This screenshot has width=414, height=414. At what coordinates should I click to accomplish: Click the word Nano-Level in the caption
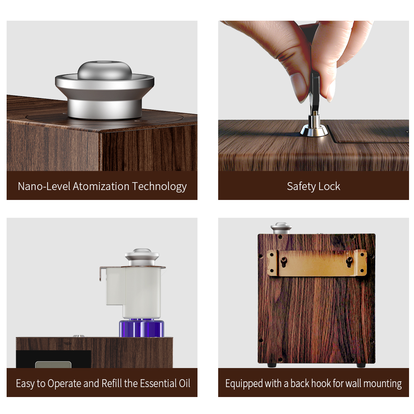pos(44,186)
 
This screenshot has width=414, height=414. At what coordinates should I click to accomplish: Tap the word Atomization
pos(101,186)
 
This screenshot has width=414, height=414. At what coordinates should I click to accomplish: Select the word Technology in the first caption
pos(159,187)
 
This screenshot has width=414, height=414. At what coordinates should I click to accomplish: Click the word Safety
pos(301,187)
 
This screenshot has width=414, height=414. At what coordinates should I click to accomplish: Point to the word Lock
pos(329,186)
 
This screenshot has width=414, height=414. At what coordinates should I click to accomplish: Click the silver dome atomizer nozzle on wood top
pos(105,90)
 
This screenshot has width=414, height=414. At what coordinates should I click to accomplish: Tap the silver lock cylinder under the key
pos(314,125)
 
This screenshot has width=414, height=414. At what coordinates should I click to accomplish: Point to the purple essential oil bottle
pos(142,328)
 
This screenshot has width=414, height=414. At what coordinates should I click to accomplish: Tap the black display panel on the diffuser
pos(53,359)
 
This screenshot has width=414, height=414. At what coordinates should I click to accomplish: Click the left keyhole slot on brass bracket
pos(284,262)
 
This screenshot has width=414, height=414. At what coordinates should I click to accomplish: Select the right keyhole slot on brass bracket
pos(349,262)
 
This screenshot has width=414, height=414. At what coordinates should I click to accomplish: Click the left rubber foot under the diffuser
pos(272,366)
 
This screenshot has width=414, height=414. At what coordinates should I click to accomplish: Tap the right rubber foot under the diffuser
pos(361,366)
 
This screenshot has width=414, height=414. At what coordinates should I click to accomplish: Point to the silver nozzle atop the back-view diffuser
pos(281,228)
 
